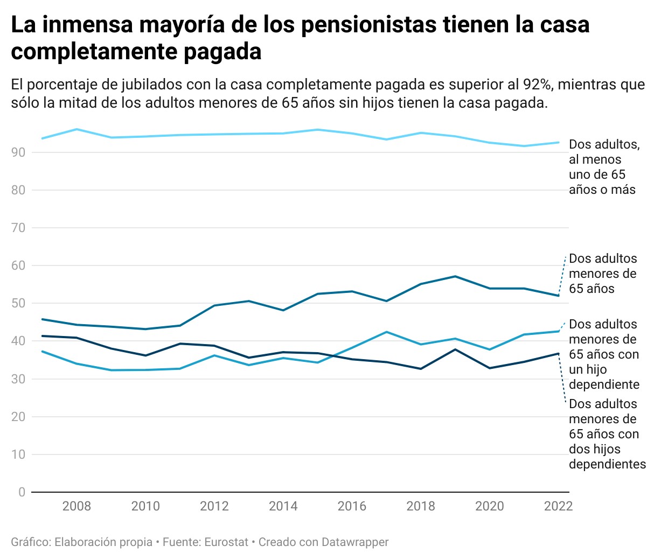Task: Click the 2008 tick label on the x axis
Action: click(x=76, y=506)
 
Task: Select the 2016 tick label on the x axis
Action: click(x=352, y=506)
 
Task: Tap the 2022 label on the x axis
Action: click(x=558, y=506)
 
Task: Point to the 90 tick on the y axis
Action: click(x=18, y=152)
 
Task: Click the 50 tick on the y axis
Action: click(x=18, y=303)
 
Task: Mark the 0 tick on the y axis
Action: click(x=22, y=492)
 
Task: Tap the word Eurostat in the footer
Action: click(x=226, y=542)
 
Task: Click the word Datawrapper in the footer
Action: click(x=355, y=542)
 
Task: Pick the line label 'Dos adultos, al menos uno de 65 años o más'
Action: click(x=603, y=167)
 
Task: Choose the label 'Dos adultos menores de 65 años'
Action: click(x=602, y=274)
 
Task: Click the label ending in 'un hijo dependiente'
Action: click(x=604, y=354)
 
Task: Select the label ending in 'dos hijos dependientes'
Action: click(x=607, y=434)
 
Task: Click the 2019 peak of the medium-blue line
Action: click(x=455, y=276)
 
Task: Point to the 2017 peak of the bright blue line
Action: click(x=386, y=332)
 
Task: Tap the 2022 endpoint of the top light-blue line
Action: click(x=559, y=143)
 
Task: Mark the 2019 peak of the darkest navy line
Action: click(x=455, y=349)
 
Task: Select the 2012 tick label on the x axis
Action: click(x=214, y=506)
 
